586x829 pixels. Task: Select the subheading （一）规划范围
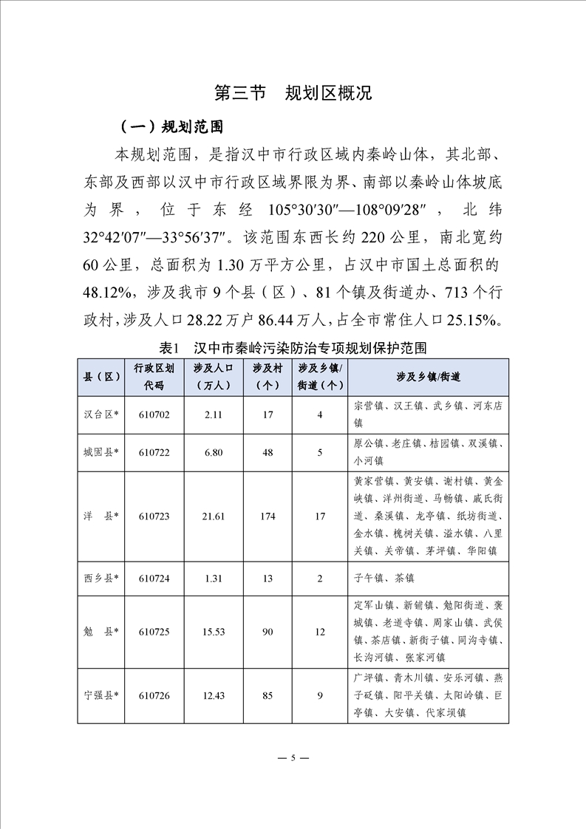(166, 126)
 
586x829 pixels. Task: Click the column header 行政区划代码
(154, 377)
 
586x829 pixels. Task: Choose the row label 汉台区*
(102, 414)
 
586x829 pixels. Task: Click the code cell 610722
(154, 452)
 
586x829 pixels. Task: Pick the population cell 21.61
(214, 516)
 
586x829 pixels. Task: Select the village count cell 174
(268, 516)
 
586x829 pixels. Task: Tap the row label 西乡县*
(102, 578)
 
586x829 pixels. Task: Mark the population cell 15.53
(214, 631)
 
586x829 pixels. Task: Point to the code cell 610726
(154, 695)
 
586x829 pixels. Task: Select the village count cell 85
(268, 695)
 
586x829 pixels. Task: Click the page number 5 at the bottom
(293, 758)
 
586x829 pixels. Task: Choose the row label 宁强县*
(102, 695)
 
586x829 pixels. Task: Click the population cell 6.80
(214, 452)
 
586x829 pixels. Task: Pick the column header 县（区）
(102, 377)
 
